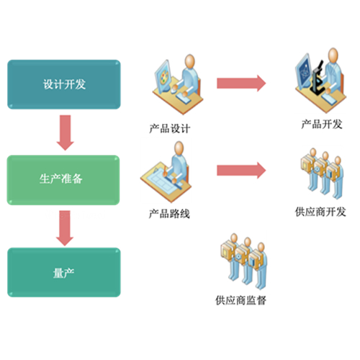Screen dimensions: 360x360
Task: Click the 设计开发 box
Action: pos(64,84)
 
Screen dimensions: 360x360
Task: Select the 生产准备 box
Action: pos(63,180)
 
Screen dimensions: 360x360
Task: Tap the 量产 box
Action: pos(64,272)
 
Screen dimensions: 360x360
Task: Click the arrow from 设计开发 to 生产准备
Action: pos(65,132)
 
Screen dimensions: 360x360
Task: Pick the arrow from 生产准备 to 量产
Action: pos(65,228)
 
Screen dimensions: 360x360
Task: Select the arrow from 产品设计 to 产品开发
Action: pos(241,84)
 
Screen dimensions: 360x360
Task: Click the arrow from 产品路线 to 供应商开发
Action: pos(241,171)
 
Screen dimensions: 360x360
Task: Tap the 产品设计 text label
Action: pos(170,129)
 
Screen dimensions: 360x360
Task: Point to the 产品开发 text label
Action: pos(322,125)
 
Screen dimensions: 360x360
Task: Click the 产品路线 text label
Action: pos(169,214)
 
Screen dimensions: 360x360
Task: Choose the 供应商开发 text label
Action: pos(320,212)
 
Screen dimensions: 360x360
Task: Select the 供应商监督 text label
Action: pos(240,300)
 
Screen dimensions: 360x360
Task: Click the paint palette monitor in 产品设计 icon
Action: pos(164,76)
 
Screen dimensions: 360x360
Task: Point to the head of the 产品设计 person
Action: pos(190,61)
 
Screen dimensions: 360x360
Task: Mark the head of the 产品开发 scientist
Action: pos(333,55)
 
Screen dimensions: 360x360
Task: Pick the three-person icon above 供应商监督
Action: pos(243,261)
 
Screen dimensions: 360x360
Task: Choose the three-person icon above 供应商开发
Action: pos(322,174)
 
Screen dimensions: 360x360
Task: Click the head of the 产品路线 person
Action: pos(179,148)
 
